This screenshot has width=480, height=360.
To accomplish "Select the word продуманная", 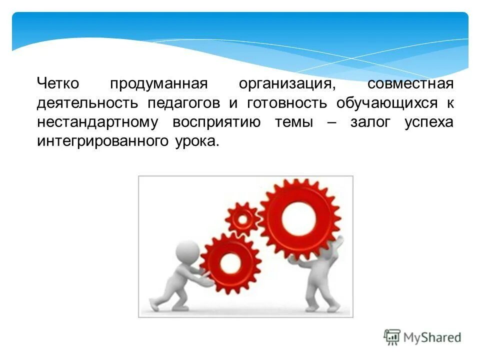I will [158, 84].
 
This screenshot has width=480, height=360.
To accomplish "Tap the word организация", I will [287, 84].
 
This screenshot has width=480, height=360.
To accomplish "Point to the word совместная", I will [410, 83].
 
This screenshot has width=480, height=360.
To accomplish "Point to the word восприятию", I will [216, 123].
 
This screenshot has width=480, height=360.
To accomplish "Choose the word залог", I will [370, 123].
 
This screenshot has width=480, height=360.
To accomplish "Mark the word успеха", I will [429, 123].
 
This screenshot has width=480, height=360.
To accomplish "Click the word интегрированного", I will [101, 142].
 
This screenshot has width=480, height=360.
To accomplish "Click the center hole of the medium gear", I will [230, 262].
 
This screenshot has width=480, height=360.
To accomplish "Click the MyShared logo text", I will [431, 337].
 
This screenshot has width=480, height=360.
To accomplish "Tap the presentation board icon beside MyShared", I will [392, 337].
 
